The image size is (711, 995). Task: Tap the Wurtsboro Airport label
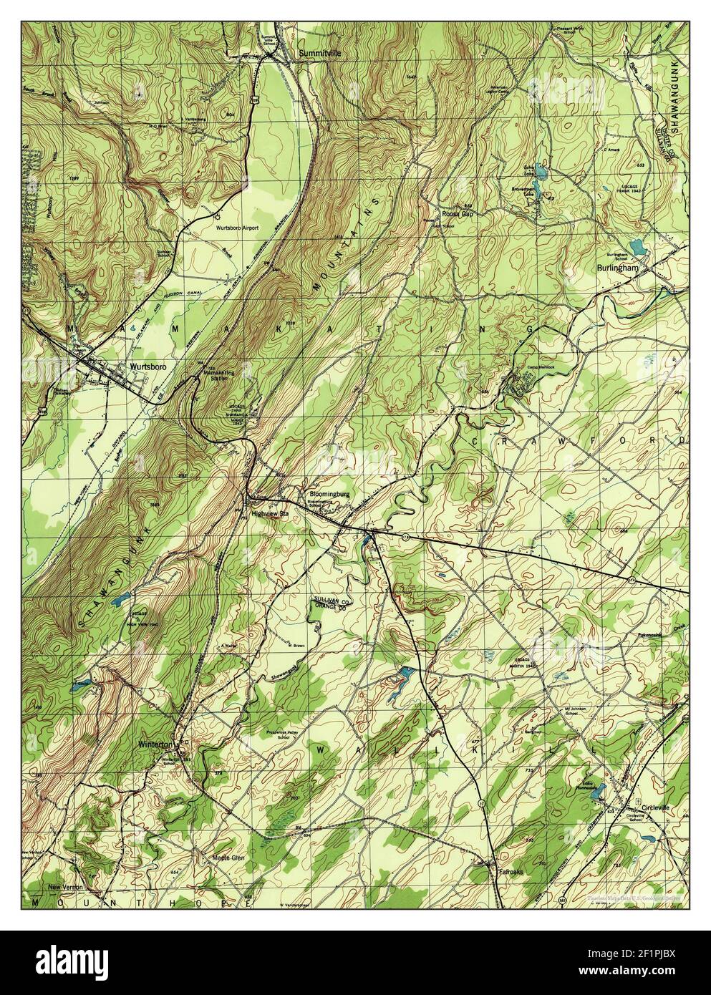coord(237,228)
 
